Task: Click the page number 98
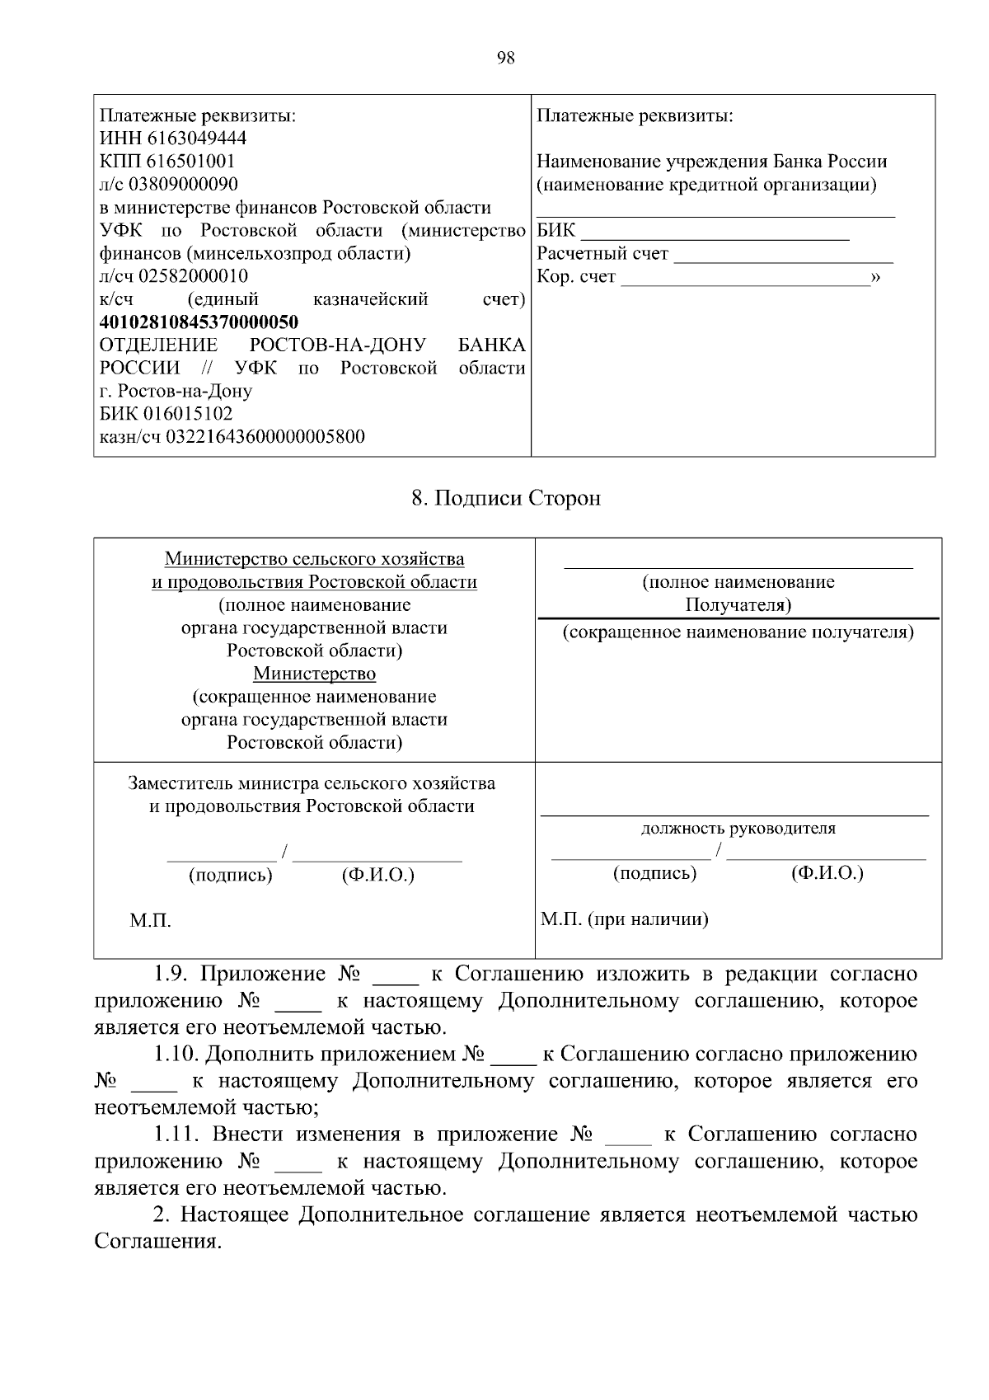pyautogui.click(x=506, y=58)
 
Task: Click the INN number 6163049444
pyautogui.click(x=196, y=138)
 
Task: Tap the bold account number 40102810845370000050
pyautogui.click(x=199, y=322)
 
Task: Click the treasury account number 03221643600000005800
pyautogui.click(x=265, y=437)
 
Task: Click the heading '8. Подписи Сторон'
pyautogui.click(x=506, y=498)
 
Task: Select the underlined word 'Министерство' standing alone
pyautogui.click(x=314, y=674)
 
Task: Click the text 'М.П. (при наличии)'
pyautogui.click(x=624, y=918)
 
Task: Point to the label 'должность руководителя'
pyautogui.click(x=738, y=829)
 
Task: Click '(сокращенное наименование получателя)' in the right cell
pyautogui.click(x=738, y=632)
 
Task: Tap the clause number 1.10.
pyautogui.click(x=176, y=1055)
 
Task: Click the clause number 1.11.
pyautogui.click(x=176, y=1135)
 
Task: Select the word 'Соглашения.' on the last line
pyautogui.click(x=158, y=1242)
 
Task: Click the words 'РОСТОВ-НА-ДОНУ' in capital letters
pyautogui.click(x=337, y=345)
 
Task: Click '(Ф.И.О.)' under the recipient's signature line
pyautogui.click(x=827, y=873)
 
